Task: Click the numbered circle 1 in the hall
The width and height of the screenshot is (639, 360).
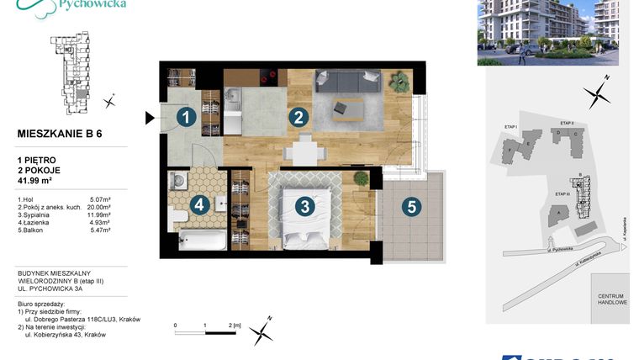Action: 185,119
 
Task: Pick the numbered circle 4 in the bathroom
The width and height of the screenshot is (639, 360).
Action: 199,204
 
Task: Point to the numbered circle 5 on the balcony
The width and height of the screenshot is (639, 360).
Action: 410,205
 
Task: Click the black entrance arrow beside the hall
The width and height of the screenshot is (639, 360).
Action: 151,119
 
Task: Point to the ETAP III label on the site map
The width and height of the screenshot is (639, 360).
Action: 563,194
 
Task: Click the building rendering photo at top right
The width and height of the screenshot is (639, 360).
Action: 547,32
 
